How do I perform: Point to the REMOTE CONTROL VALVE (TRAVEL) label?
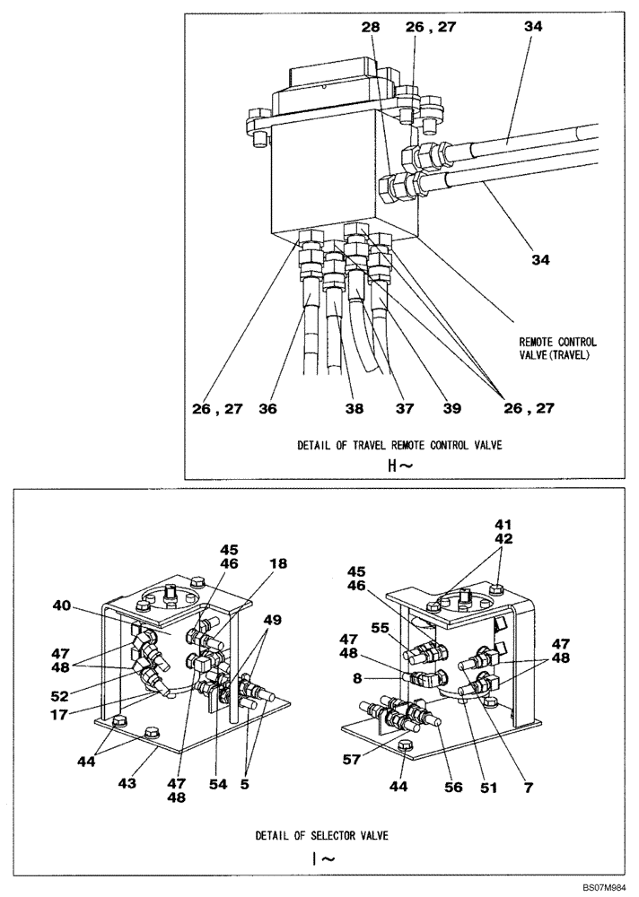click(557, 348)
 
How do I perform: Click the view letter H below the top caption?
click(389, 466)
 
